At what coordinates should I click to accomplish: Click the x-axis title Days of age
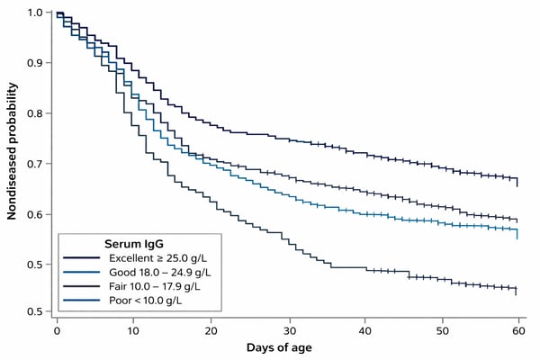coord(285,346)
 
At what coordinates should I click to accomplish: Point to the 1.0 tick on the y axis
coord(34,13)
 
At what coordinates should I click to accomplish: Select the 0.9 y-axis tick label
coord(34,63)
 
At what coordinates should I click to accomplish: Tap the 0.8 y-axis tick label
coord(34,113)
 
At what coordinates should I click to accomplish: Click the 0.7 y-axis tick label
coord(34,164)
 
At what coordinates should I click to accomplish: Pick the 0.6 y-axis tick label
coord(34,214)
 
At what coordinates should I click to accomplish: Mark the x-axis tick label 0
coord(57,329)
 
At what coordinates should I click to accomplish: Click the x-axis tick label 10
coord(133,329)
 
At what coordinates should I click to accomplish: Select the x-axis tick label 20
coord(211,329)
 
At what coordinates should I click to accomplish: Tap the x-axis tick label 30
coord(287,329)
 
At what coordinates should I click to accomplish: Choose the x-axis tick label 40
coord(364,329)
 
